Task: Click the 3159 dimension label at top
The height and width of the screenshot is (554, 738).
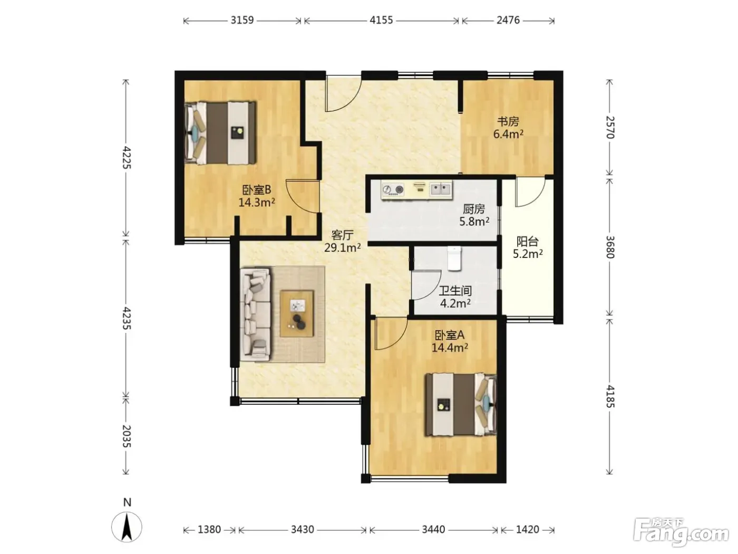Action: [x=242, y=20]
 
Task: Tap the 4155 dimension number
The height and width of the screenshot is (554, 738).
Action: [x=381, y=20]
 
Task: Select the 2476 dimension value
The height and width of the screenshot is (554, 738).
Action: [x=508, y=20]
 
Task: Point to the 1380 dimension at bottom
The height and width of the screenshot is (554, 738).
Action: [x=209, y=529]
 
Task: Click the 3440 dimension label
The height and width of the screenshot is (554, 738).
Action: [x=433, y=529]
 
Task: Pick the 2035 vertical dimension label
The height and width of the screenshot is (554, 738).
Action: [x=126, y=436]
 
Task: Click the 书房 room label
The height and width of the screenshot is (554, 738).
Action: [x=508, y=121]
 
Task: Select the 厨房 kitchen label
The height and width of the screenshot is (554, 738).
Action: [x=474, y=209]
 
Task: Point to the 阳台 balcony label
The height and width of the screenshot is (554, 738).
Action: [x=528, y=241]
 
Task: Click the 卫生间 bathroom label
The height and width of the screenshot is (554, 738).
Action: [x=455, y=291]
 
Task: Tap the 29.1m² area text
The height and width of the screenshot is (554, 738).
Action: [x=343, y=248]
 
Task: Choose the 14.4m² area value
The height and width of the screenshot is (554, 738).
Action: [x=450, y=348]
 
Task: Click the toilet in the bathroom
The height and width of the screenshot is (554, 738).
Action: [x=454, y=258]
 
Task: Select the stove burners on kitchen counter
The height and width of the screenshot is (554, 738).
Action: [x=393, y=190]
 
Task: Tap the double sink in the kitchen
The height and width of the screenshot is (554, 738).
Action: [x=441, y=189]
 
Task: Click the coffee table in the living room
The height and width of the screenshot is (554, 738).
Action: [x=297, y=314]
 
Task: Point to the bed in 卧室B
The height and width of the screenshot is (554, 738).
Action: [x=220, y=133]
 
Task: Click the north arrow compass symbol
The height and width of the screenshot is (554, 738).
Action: [x=127, y=527]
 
